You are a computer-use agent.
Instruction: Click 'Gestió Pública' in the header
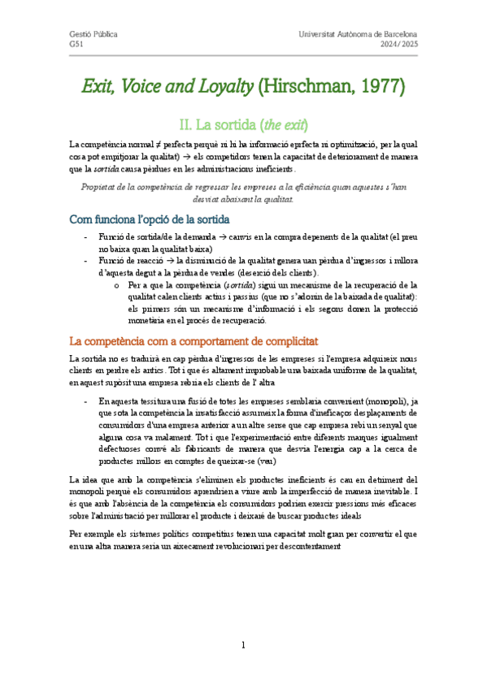(93, 34)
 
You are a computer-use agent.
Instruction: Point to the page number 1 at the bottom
(243, 645)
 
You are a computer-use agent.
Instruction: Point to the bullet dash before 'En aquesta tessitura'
(86, 401)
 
